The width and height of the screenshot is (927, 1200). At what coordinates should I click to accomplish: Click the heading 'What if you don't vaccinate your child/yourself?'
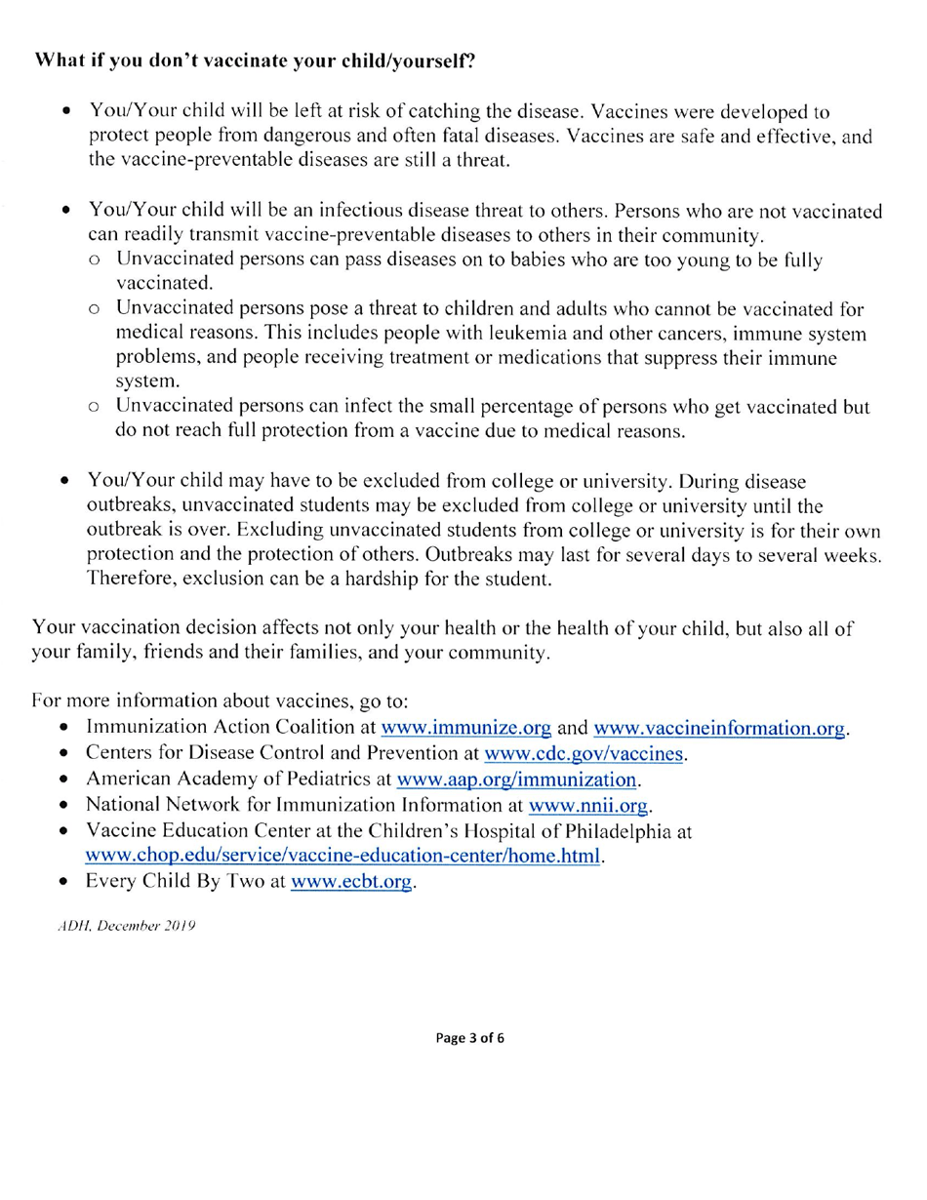[x=256, y=60]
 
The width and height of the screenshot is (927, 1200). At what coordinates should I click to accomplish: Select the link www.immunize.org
[x=465, y=728]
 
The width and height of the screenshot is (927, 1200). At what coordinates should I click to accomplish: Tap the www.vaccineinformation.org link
[x=719, y=728]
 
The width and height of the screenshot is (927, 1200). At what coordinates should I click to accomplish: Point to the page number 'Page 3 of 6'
[x=470, y=1037]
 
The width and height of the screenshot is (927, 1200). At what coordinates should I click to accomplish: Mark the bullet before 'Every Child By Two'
[x=63, y=883]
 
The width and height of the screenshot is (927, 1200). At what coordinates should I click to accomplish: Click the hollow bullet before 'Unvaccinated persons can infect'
[x=93, y=407]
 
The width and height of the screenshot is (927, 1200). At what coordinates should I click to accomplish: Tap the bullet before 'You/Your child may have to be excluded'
[x=64, y=482]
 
